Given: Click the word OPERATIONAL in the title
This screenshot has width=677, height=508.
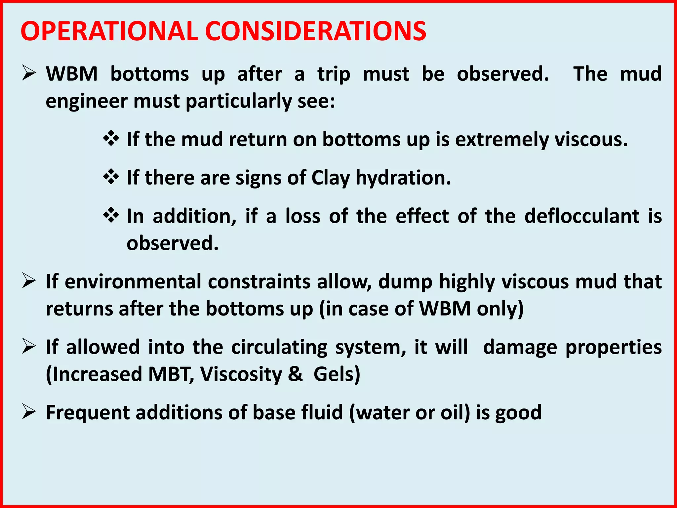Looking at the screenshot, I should click(109, 31).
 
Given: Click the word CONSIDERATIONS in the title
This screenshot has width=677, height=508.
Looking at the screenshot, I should click(316, 31).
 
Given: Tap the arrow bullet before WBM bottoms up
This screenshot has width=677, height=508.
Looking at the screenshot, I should click(29, 73).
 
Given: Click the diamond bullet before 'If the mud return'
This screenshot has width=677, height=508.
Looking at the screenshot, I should click(111, 139).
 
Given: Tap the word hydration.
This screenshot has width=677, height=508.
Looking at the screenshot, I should click(403, 178).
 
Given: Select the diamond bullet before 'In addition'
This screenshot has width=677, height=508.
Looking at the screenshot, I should click(111, 216).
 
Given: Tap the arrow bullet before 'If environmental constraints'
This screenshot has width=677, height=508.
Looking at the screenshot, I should click(29, 281).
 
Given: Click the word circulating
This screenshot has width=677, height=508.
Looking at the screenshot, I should click(279, 348).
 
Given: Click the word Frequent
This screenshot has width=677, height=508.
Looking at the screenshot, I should click(88, 413).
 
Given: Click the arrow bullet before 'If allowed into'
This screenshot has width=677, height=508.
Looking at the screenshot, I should click(29, 347).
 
